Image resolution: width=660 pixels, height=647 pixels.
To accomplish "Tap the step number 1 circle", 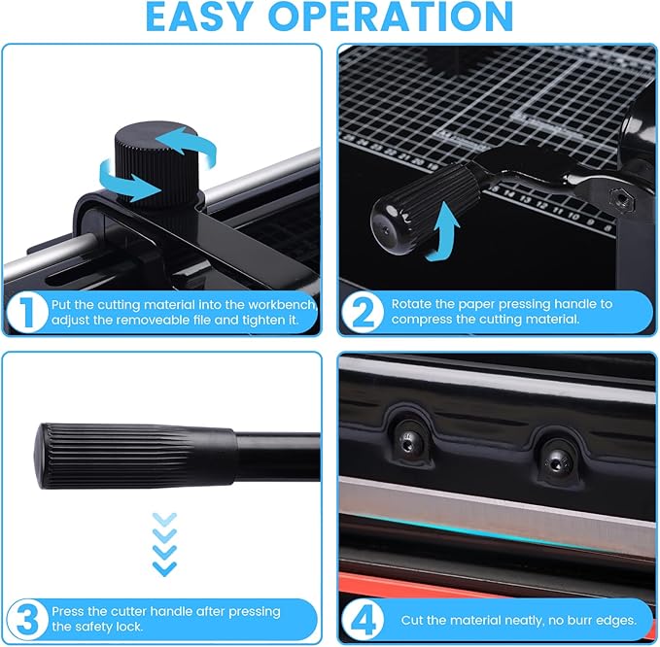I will click(27, 311).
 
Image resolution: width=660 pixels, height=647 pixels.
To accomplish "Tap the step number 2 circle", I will click(364, 311).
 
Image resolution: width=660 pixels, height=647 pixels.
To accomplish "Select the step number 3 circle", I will click(27, 619).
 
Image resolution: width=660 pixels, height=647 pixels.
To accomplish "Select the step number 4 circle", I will click(364, 619).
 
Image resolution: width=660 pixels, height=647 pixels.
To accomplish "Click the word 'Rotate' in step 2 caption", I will click(412, 304).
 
